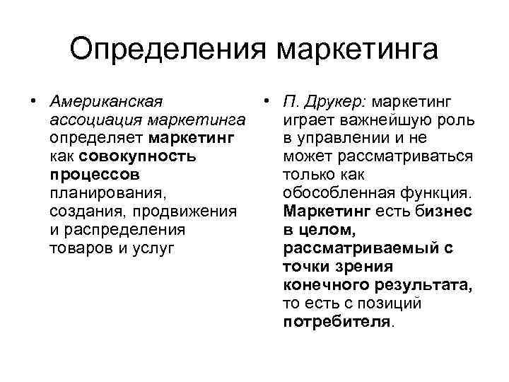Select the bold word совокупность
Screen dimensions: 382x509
click(138, 155)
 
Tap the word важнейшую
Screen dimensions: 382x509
click(385, 117)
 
